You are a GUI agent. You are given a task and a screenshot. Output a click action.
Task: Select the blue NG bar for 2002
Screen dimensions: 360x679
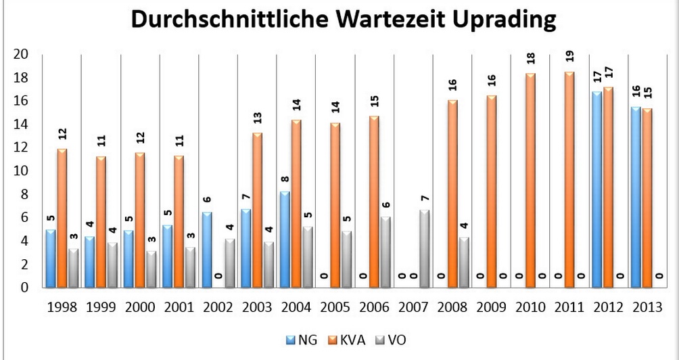(207, 250)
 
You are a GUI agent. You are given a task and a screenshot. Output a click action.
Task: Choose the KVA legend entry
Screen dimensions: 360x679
(344, 339)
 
